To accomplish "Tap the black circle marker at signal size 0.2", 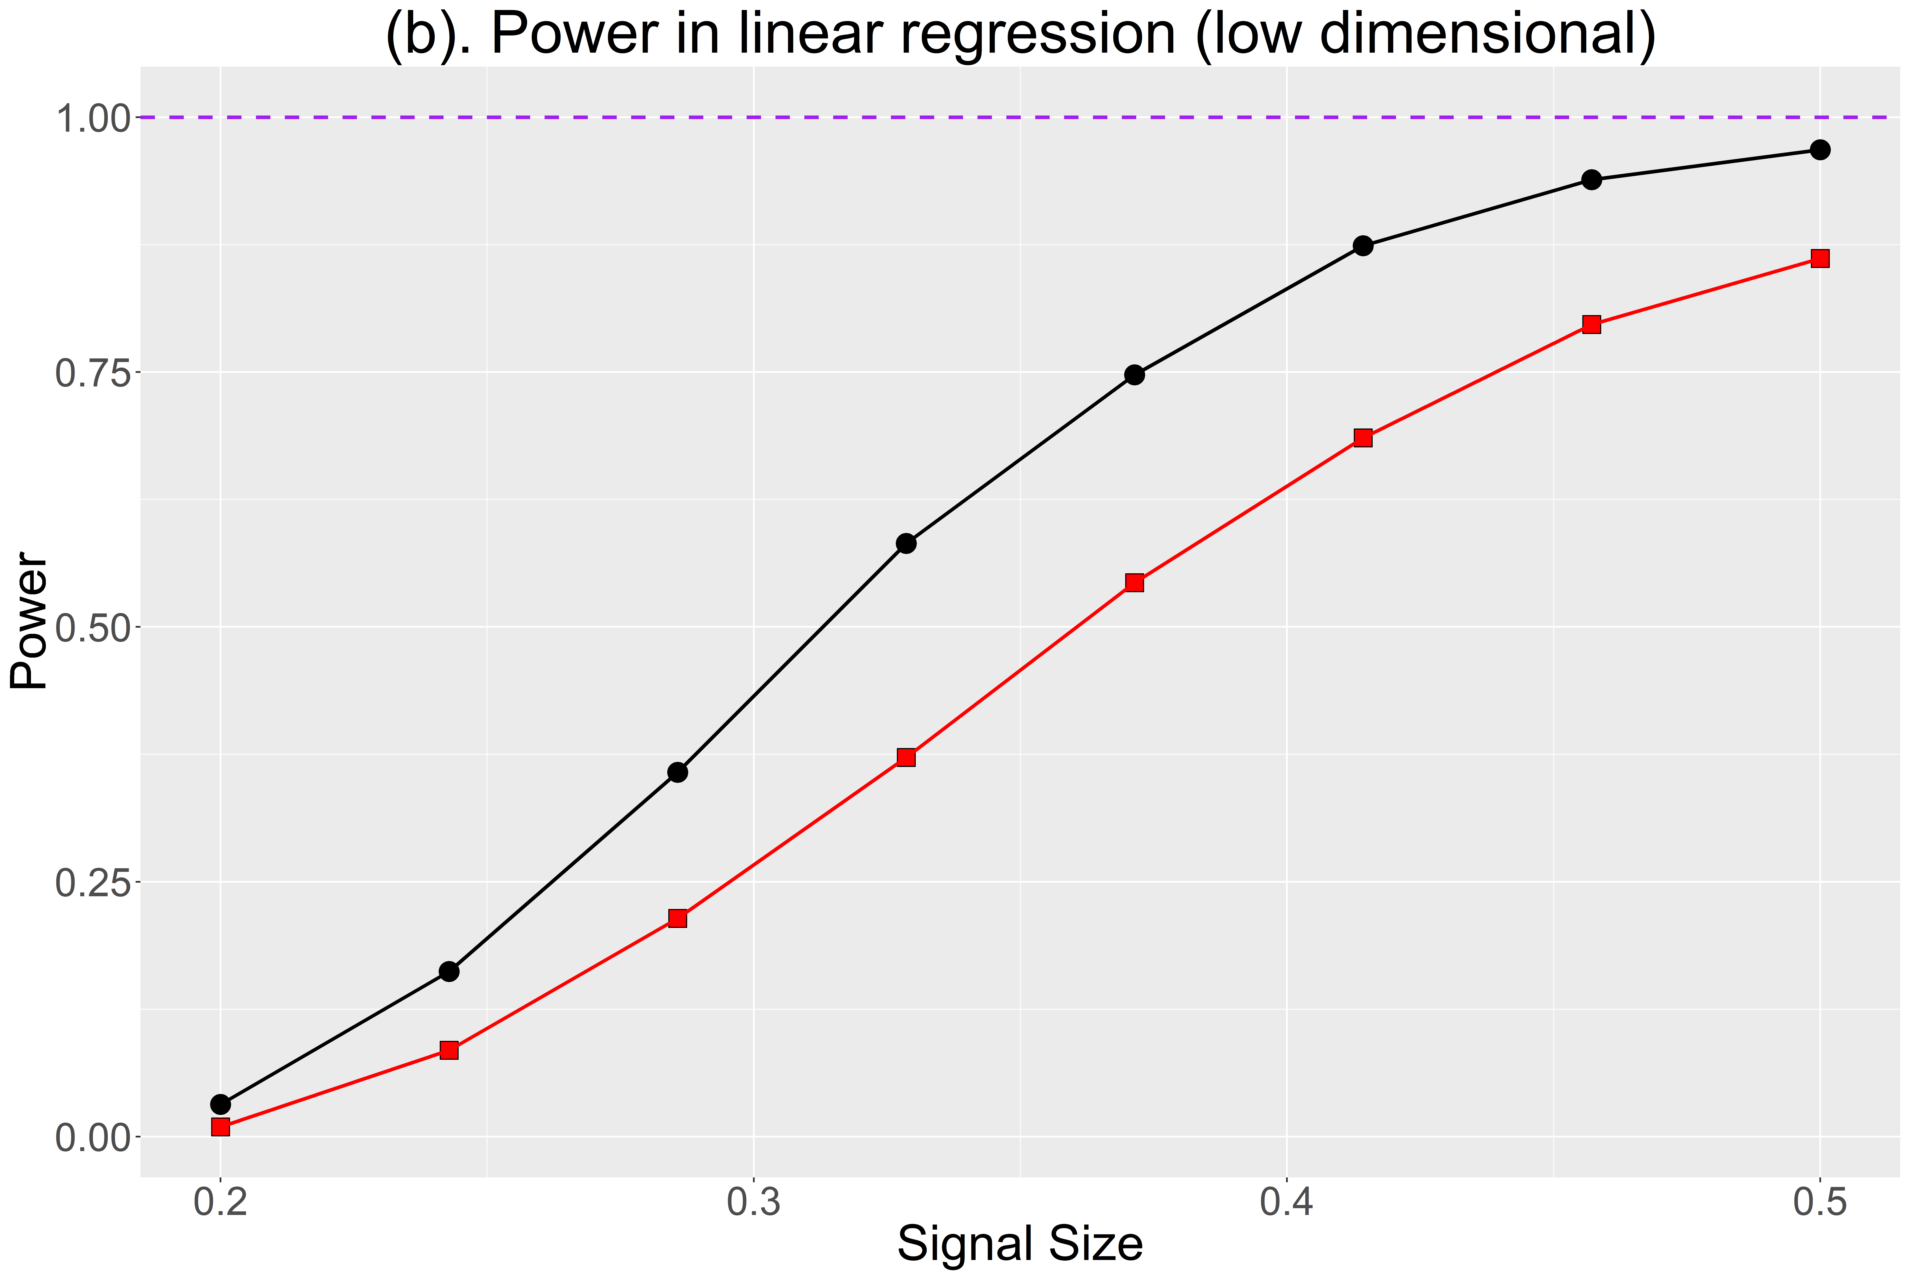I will pos(220,1104).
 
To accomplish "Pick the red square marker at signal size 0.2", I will pos(220,1127).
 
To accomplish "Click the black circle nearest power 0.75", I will pos(1135,375).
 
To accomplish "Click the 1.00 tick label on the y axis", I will pos(93,119).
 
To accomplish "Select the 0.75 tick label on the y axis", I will pos(93,374).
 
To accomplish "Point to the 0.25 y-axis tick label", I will pos(93,883).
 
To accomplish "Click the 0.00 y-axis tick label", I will pos(93,1138).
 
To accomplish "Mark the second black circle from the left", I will pos(449,972).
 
